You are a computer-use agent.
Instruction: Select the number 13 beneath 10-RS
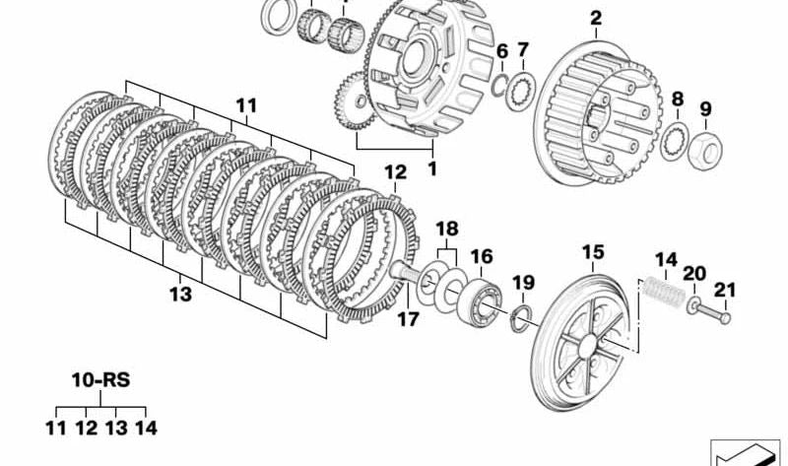tap(116, 429)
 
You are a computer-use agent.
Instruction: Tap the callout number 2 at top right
tap(595, 18)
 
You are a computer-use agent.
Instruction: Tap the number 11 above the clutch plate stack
tap(246, 103)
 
